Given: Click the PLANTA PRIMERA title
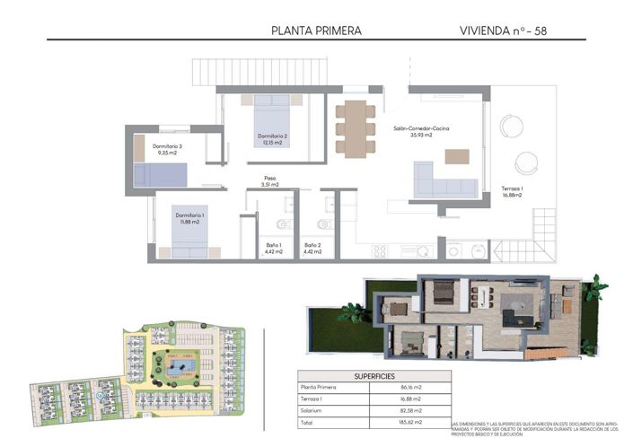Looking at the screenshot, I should tap(316, 31).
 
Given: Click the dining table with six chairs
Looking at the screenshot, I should tap(356, 127).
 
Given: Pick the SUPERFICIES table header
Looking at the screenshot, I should tap(373, 376).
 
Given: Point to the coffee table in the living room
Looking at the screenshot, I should tap(457, 155).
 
